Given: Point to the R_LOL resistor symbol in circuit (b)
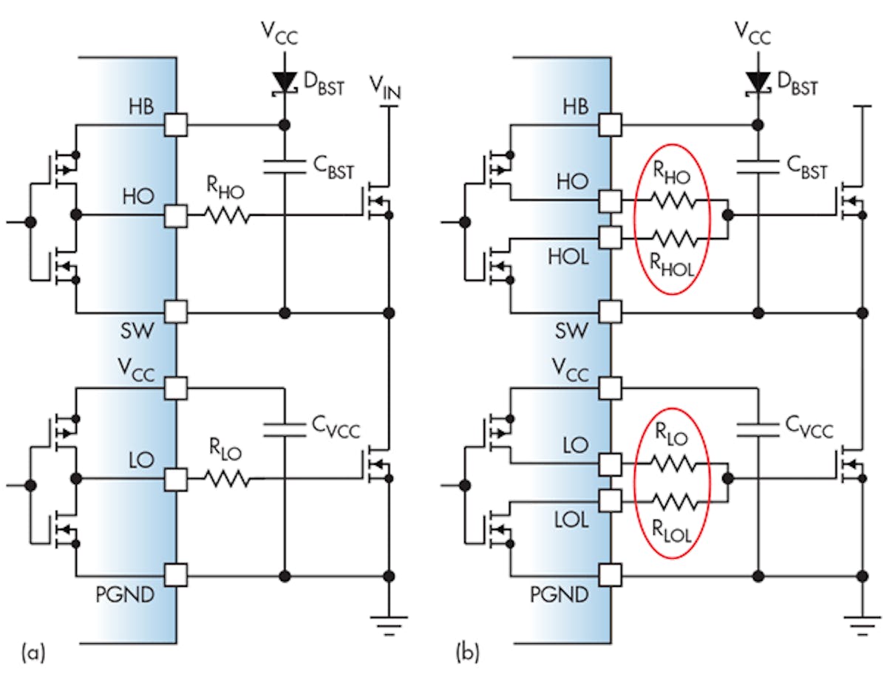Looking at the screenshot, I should (672, 501).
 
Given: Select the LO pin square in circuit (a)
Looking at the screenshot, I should (176, 480).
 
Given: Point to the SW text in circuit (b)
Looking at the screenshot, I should (574, 330).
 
